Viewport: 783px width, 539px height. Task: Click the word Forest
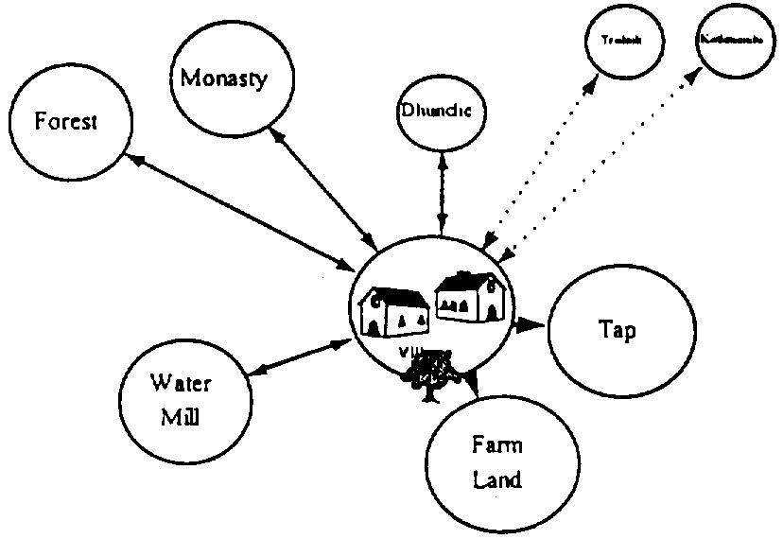pos(65,122)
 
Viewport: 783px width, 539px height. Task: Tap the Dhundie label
pos(440,112)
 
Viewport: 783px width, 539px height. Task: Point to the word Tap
pos(618,331)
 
